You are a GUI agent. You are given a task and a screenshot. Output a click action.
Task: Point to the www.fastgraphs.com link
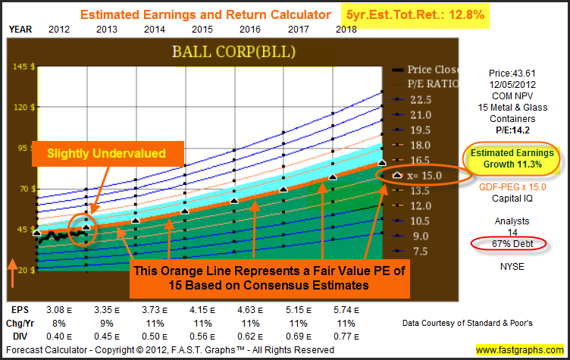[x=520, y=350]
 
